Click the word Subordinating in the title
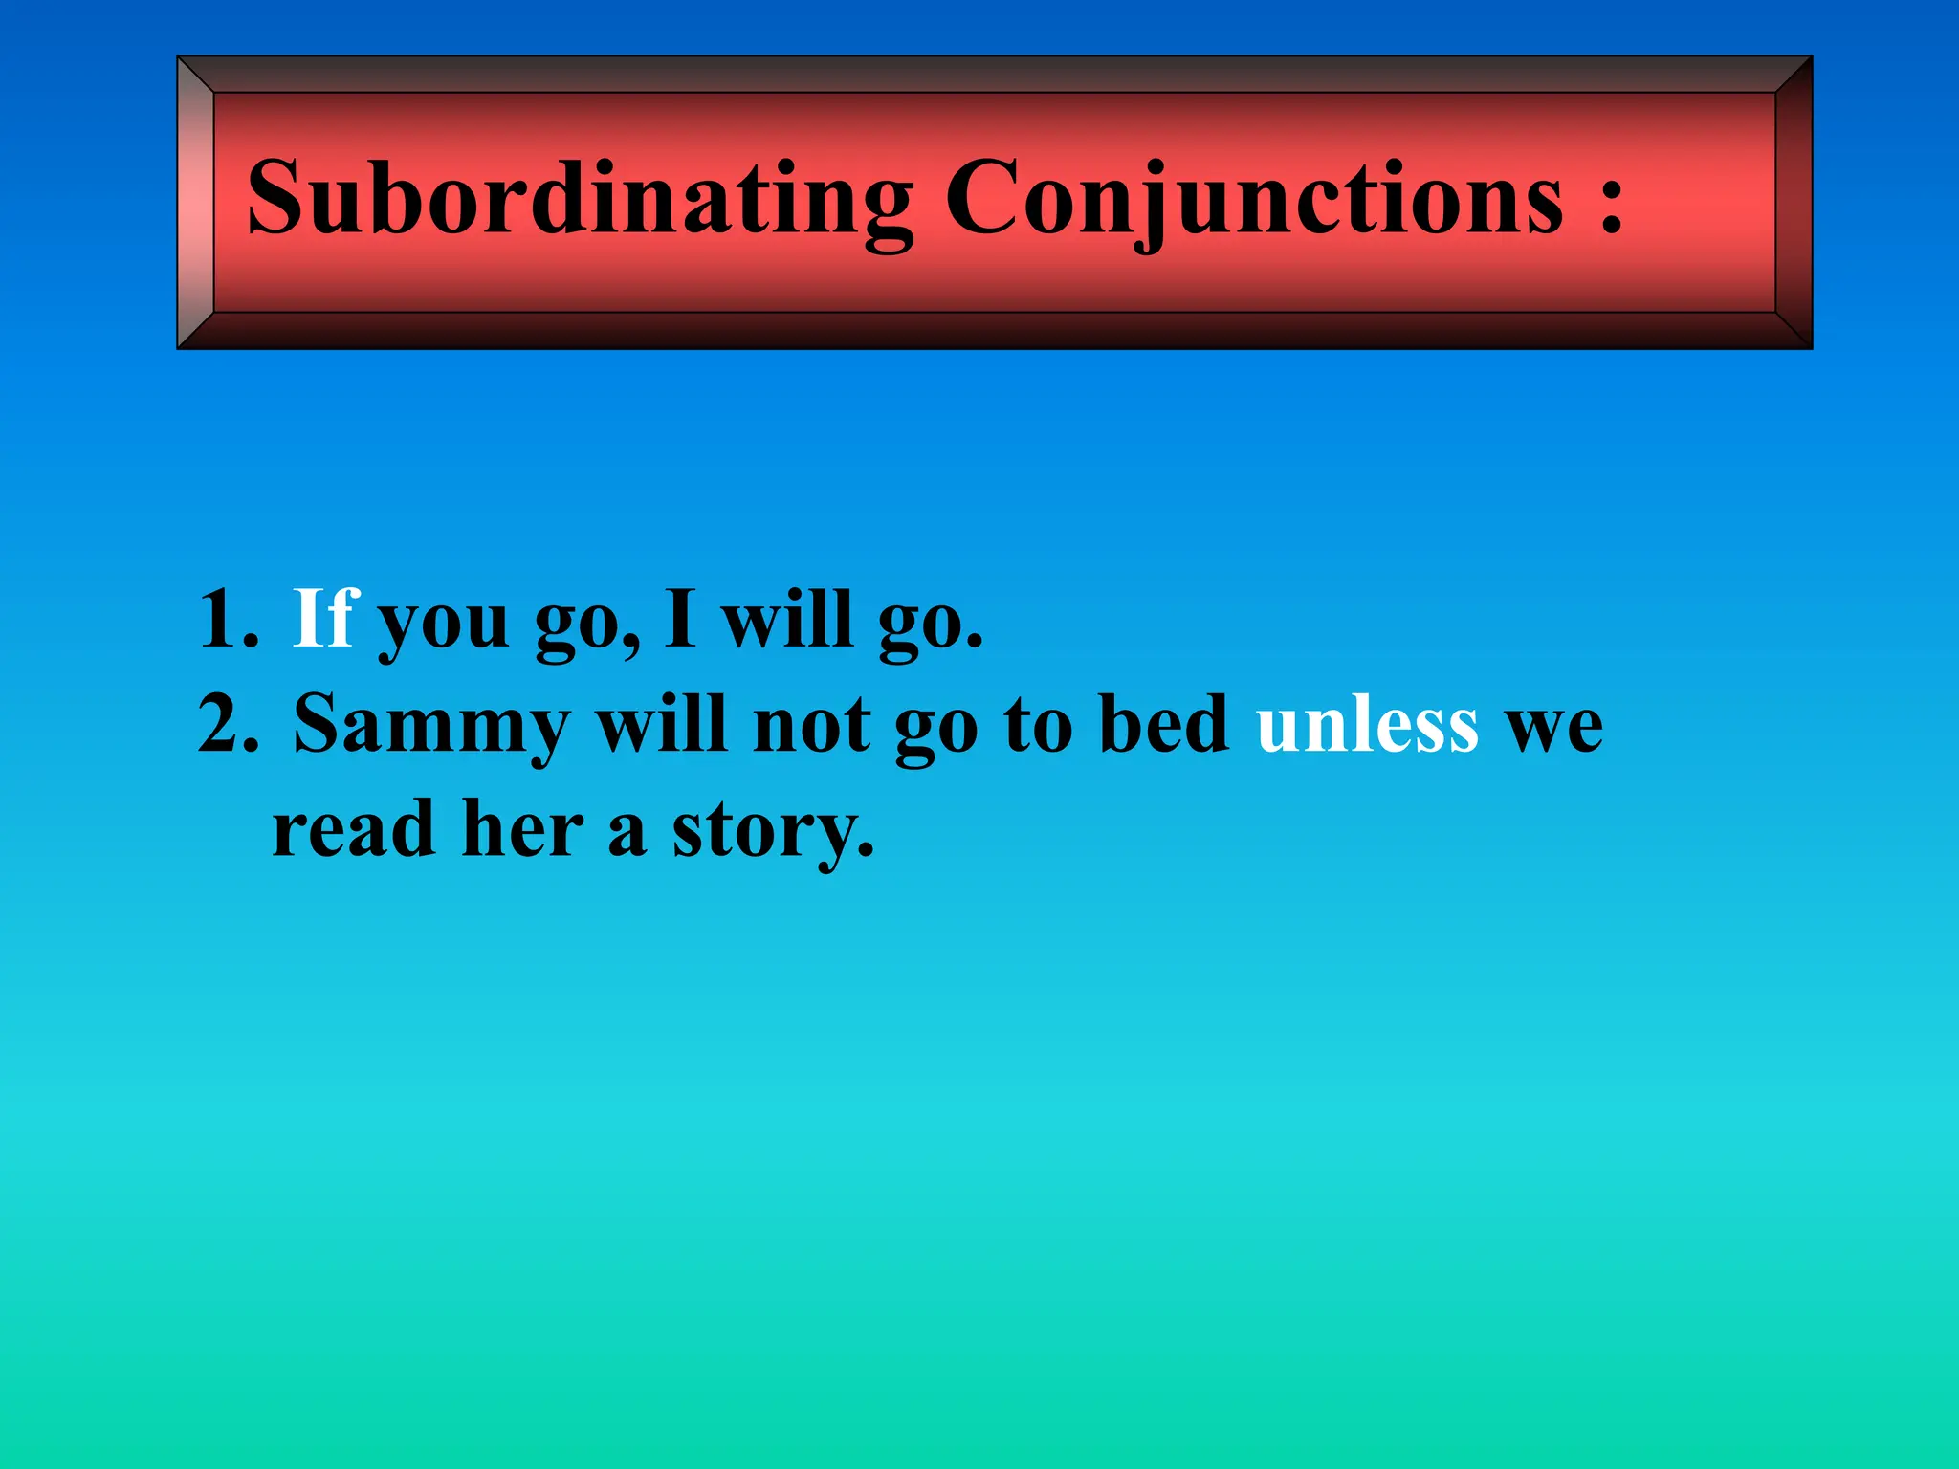(580, 198)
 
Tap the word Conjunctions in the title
(1254, 198)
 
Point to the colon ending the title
(1610, 203)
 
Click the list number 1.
(226, 620)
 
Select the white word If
(324, 619)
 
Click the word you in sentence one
(444, 624)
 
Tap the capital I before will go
(680, 619)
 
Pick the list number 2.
(228, 724)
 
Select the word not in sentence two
(811, 725)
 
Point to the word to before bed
(1038, 725)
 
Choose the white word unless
(1367, 724)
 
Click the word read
(354, 828)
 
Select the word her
(522, 828)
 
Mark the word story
(773, 832)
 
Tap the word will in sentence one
(786, 619)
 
